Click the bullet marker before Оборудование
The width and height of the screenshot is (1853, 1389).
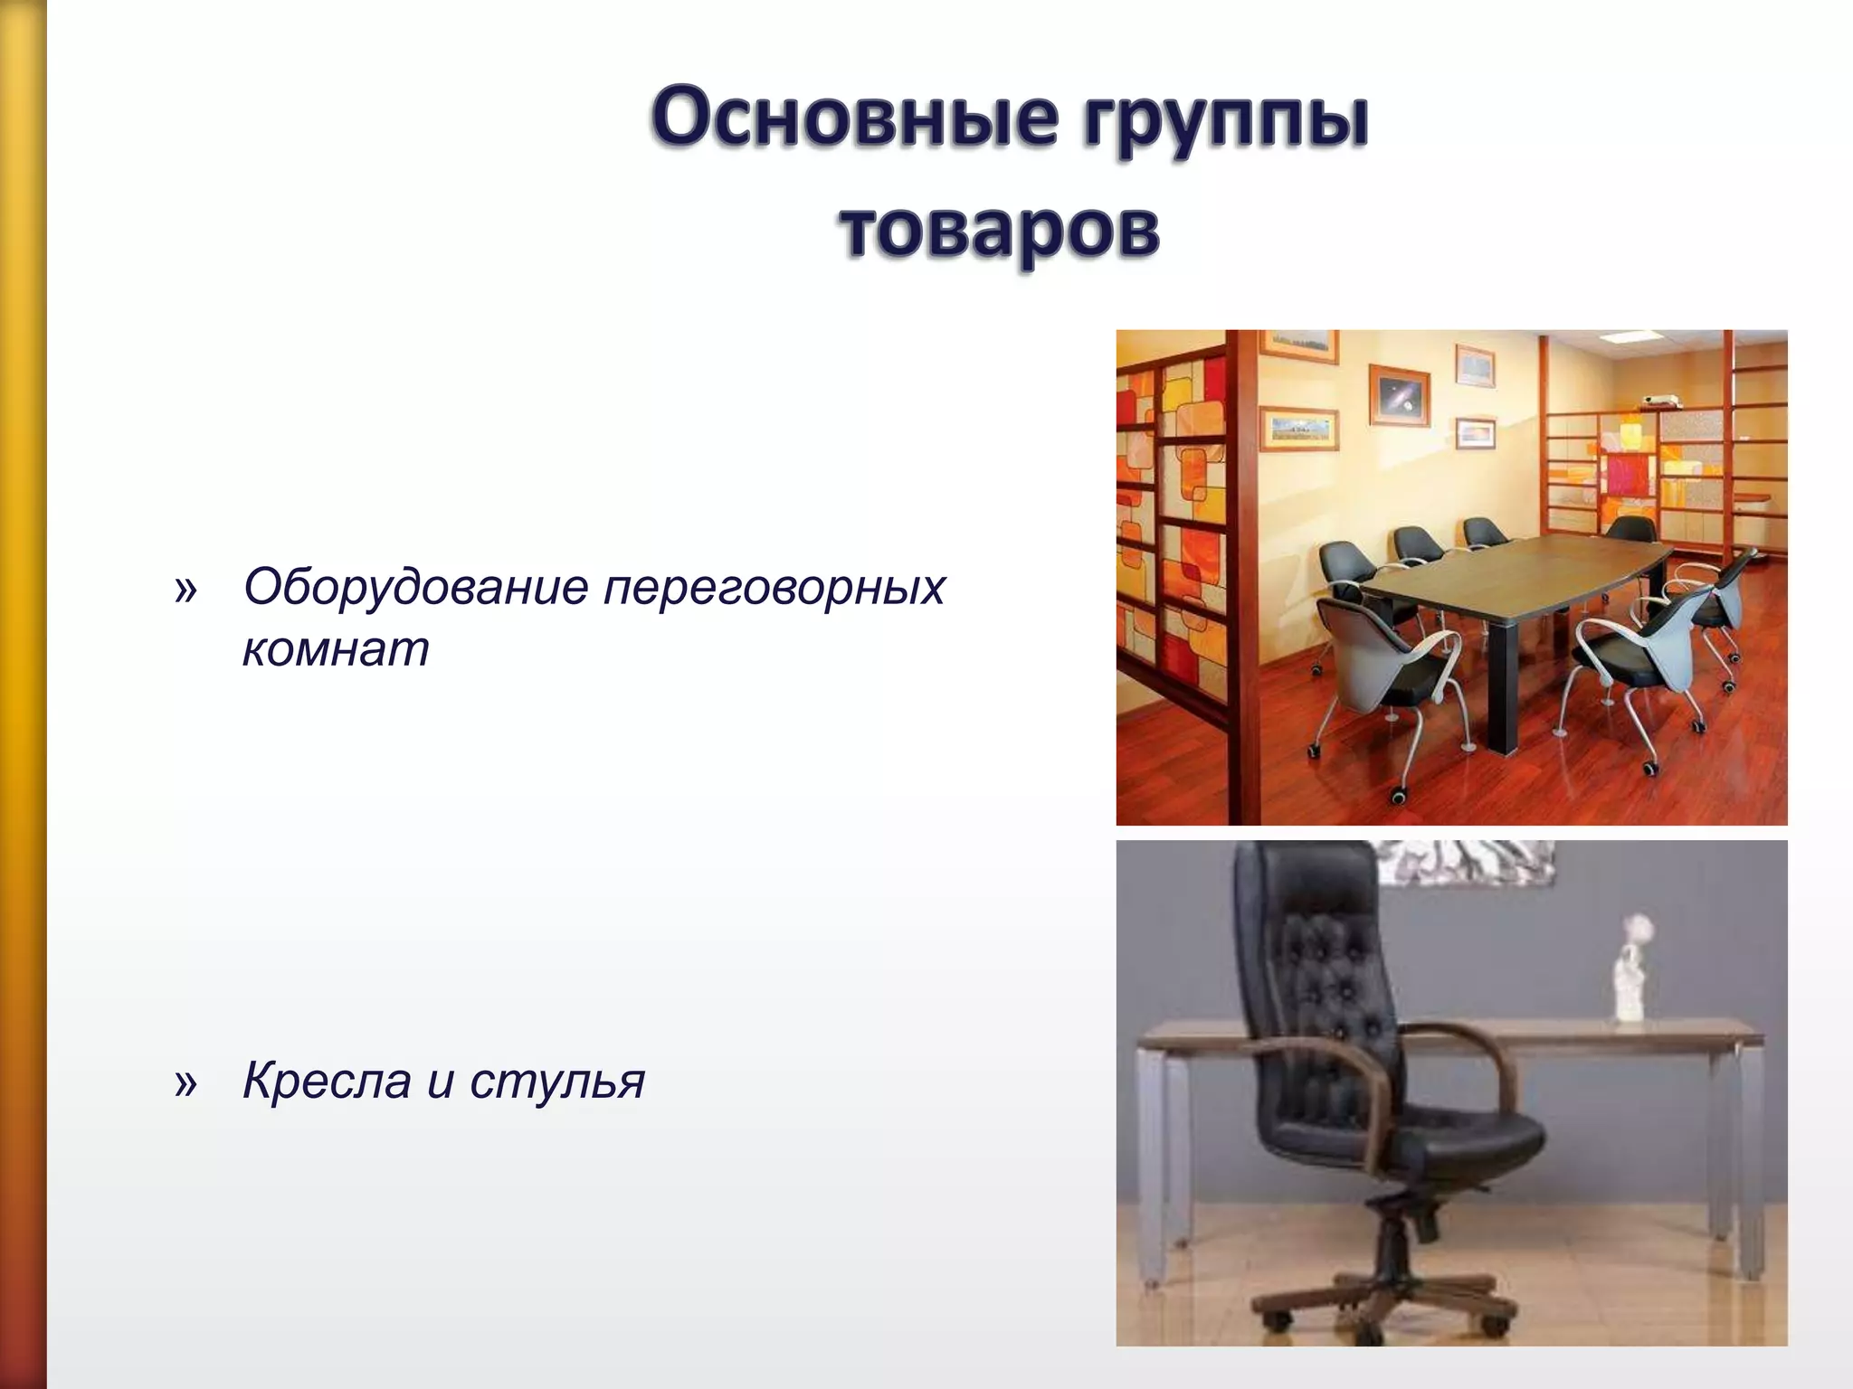coord(185,591)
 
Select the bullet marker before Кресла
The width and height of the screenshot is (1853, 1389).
coord(185,1082)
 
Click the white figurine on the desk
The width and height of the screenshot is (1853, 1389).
coord(1631,981)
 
